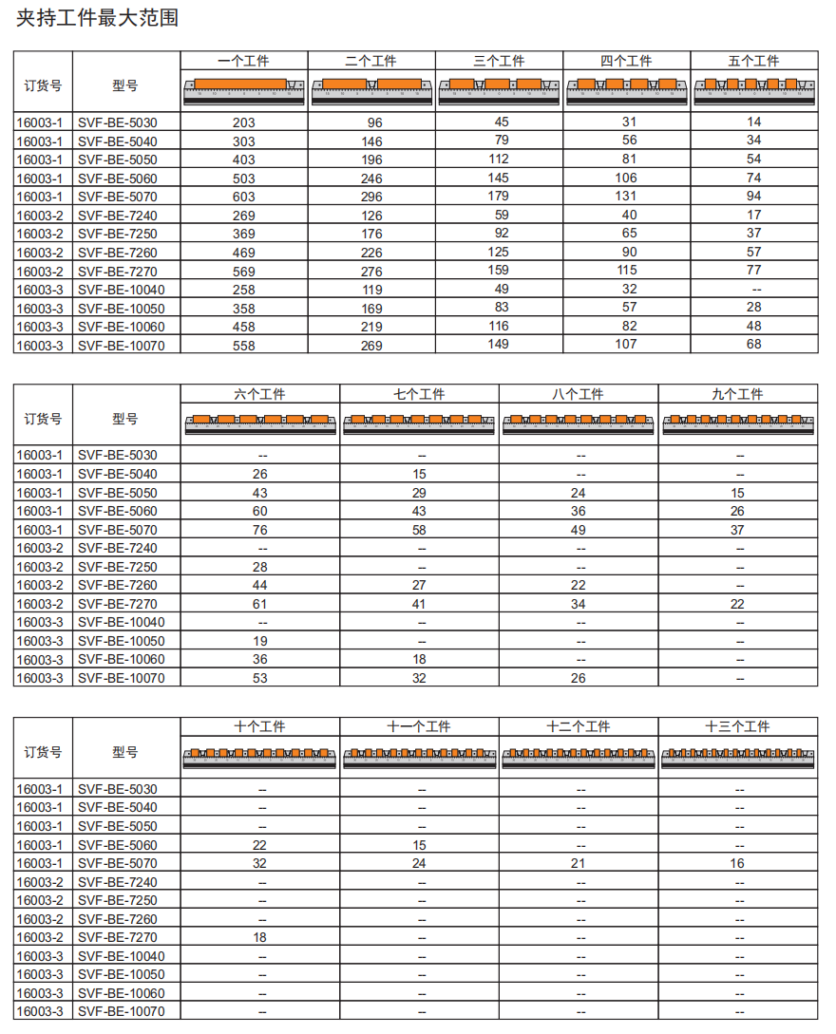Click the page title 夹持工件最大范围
[x=97, y=17]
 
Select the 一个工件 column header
[x=243, y=61]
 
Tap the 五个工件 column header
[x=753, y=61]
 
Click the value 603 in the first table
[x=243, y=197]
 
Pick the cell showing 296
[x=371, y=197]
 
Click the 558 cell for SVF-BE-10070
[x=243, y=346]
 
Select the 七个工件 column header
[x=419, y=394]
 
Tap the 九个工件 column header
[x=737, y=394]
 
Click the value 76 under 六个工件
[x=259, y=530]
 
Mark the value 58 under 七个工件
[x=419, y=530]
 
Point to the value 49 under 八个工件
[x=579, y=530]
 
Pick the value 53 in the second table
[x=259, y=678]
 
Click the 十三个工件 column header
[x=737, y=726]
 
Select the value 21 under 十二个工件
[x=579, y=863]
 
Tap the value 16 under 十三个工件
[x=737, y=863]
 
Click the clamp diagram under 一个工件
[x=243, y=89]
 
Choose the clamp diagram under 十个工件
[x=259, y=756]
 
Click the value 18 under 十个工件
[x=259, y=937]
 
